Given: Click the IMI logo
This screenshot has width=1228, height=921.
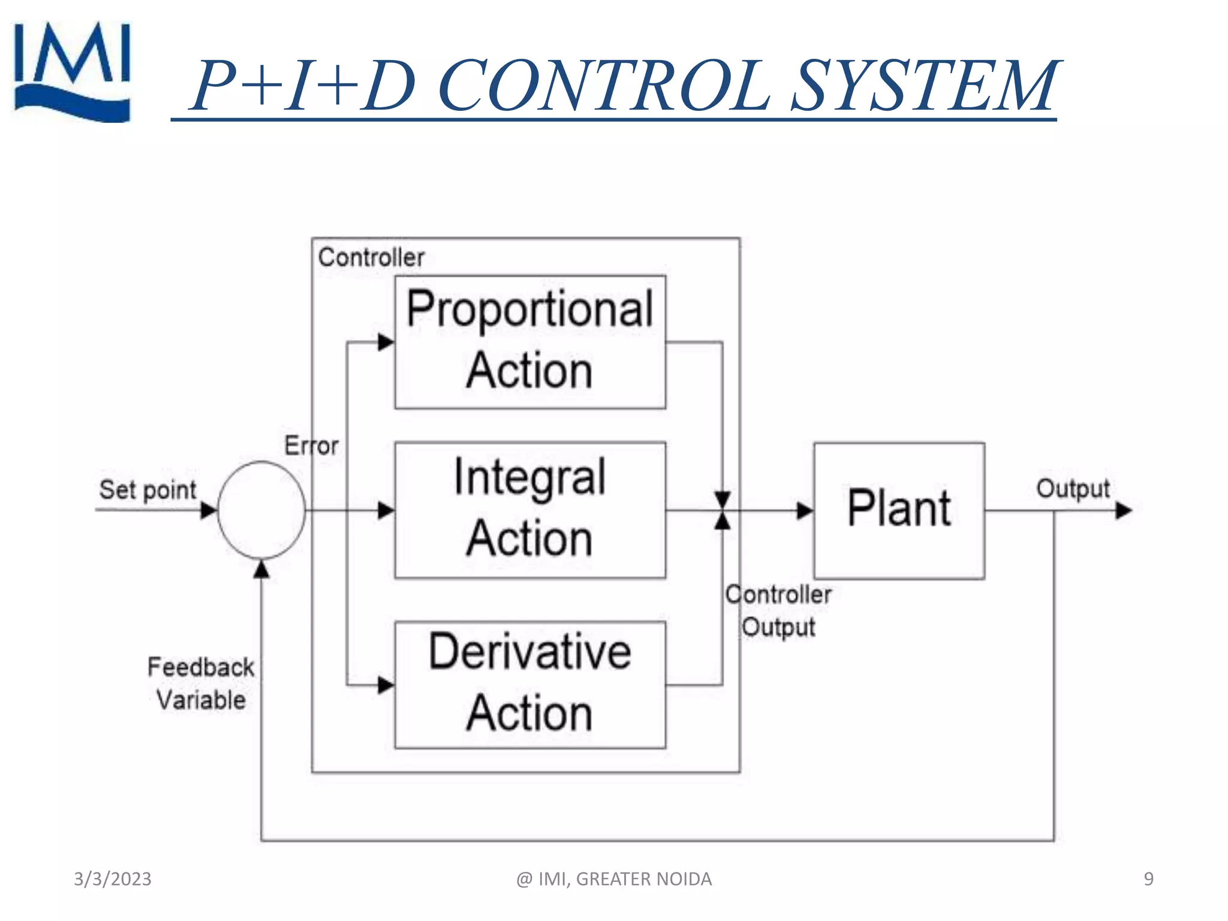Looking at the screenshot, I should [72, 72].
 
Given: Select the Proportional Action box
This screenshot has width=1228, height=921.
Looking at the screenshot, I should [530, 342].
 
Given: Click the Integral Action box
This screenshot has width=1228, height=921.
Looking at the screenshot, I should [530, 510].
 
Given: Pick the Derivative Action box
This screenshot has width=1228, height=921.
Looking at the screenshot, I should [530, 684].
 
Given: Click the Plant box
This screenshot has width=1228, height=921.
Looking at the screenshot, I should [899, 510].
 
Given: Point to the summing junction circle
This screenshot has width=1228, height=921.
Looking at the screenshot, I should [261, 510].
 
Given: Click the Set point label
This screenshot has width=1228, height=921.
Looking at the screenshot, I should [148, 490].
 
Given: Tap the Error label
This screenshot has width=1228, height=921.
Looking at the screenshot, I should [311, 446].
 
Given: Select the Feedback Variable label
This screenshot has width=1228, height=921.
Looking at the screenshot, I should [201, 684].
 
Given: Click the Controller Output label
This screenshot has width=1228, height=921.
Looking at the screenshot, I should [778, 610].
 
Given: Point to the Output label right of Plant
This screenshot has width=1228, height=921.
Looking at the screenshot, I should [1073, 489].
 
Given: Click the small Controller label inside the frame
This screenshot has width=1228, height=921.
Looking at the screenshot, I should [371, 257].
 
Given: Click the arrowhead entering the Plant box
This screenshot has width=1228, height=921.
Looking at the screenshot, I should [805, 511].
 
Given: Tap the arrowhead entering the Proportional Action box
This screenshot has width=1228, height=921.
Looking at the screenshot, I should [386, 342].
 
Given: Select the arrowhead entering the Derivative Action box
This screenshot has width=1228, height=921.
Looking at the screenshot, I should [386, 685].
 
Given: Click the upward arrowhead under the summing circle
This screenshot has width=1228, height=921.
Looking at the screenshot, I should [261, 569].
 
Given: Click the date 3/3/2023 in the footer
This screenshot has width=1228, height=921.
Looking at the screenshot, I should [113, 878].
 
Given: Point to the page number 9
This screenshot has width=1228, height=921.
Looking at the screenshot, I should [1148, 878].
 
